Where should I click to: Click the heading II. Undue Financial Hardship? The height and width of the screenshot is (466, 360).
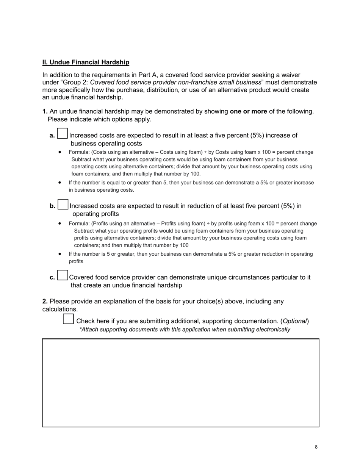point(86,62)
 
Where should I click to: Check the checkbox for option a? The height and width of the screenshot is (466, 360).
point(62,134)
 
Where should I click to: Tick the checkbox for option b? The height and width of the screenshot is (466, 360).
point(63,205)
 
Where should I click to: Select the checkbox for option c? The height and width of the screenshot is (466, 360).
point(63,275)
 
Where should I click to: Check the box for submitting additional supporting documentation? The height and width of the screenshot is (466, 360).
point(68,319)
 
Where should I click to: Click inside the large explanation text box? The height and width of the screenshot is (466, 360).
point(180,383)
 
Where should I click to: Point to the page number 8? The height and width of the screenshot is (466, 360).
point(316,447)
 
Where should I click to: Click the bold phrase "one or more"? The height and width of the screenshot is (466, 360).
point(248,111)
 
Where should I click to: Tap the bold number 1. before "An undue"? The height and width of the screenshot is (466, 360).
point(45,111)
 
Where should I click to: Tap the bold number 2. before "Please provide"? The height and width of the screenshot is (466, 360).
point(45,302)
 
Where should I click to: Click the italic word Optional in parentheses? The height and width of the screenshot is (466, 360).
point(294,321)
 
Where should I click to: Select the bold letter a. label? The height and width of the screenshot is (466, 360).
point(52,136)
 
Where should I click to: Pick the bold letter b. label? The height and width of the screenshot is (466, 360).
point(52,206)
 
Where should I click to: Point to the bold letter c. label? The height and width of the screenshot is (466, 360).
point(52,277)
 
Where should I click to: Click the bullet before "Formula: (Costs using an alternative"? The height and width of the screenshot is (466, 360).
point(60,152)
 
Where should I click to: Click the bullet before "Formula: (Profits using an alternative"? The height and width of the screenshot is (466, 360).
point(60,224)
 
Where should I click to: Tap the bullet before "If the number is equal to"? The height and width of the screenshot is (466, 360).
point(60,182)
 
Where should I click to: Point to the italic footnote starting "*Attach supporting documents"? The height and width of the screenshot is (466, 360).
point(185,330)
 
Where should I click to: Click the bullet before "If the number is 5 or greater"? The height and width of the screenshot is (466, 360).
point(60,254)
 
